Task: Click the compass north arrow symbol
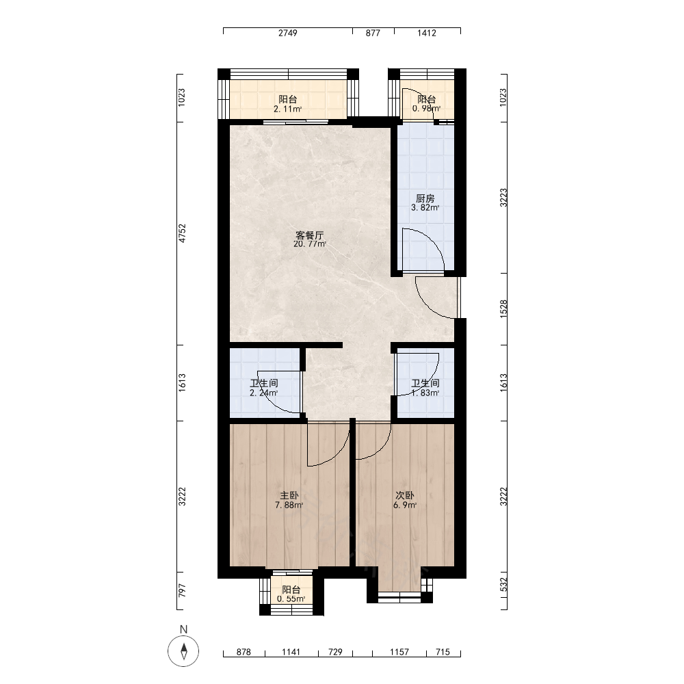(183, 651)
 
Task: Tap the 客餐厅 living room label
(310, 235)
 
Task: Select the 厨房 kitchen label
(425, 198)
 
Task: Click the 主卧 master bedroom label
(289, 495)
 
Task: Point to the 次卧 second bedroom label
(405, 495)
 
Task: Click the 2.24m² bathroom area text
(263, 393)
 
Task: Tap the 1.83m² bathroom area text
(425, 393)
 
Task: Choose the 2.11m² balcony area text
(288, 109)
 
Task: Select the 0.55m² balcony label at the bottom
(291, 599)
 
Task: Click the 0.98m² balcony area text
(426, 108)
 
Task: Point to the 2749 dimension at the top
(288, 33)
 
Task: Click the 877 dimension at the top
(373, 33)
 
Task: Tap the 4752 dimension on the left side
(182, 233)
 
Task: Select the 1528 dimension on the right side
(503, 309)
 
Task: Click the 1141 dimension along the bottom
(291, 652)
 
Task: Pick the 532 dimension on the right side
(503, 585)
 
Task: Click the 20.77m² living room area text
(310, 244)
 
